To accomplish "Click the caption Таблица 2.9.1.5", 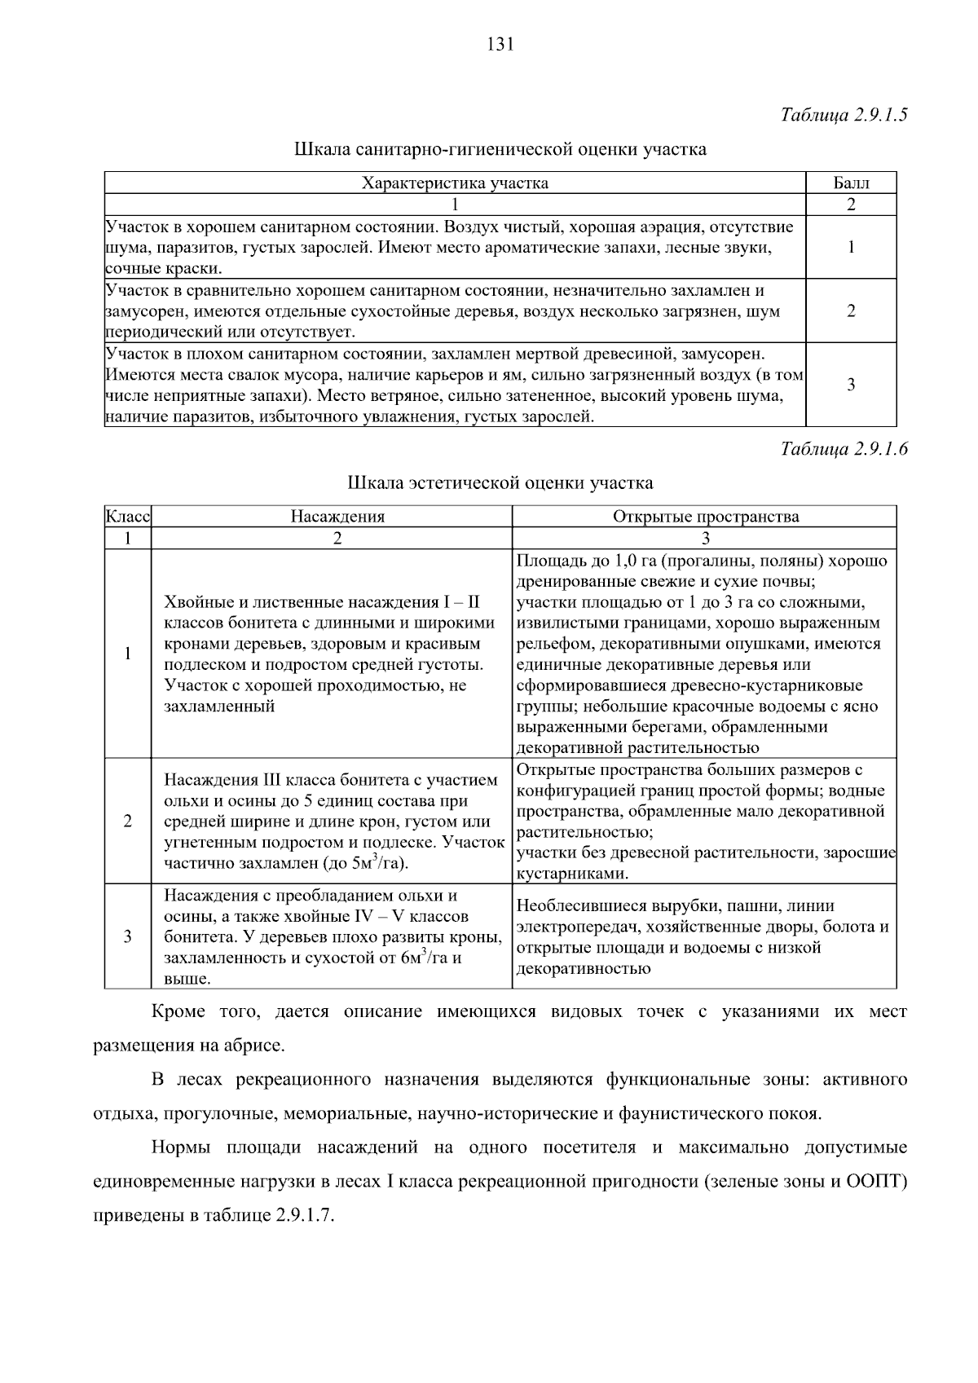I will pos(844,114).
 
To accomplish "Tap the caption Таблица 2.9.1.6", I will pos(844,448).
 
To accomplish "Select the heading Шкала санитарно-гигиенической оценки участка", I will pos(500,150).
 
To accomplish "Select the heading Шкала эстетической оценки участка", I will pos(500,483).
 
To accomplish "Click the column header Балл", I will pos(851,183).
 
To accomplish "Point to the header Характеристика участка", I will pos(455,183).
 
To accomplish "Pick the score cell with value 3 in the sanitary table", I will pos(851,385).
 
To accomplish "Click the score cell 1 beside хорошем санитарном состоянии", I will pos(851,247).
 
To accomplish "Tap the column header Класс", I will pos(128,517).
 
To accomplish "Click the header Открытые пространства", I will pos(705,517).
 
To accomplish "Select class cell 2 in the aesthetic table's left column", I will pos(128,821).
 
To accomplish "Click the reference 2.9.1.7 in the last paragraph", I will pos(305,1215).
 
